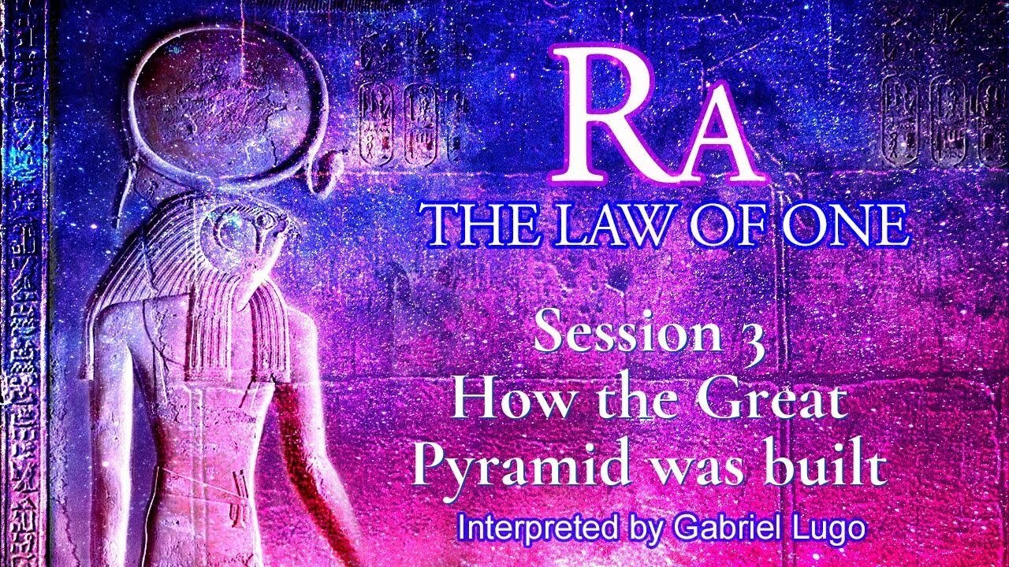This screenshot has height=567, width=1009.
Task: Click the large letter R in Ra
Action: click(x=611, y=114)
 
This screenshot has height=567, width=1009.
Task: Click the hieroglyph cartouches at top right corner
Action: click(x=942, y=118)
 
